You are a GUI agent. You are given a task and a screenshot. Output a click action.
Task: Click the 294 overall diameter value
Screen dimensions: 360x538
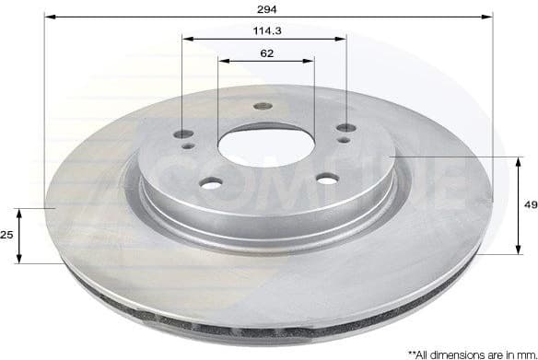[x=268, y=7]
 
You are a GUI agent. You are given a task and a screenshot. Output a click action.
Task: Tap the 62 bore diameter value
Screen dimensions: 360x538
[x=266, y=53]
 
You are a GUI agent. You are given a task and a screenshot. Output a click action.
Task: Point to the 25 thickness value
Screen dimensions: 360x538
[x=6, y=236]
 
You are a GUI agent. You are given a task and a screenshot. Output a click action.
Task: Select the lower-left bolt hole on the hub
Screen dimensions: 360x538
[x=211, y=184]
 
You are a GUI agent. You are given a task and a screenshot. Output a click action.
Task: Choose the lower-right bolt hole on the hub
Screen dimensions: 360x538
[x=327, y=180]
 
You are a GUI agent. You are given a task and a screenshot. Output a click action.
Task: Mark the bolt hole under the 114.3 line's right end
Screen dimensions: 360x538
[x=345, y=128]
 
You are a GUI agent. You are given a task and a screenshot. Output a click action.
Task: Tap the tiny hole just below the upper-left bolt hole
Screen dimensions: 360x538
[x=188, y=144]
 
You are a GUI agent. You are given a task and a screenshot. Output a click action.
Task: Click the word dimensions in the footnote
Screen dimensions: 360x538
[x=451, y=352]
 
